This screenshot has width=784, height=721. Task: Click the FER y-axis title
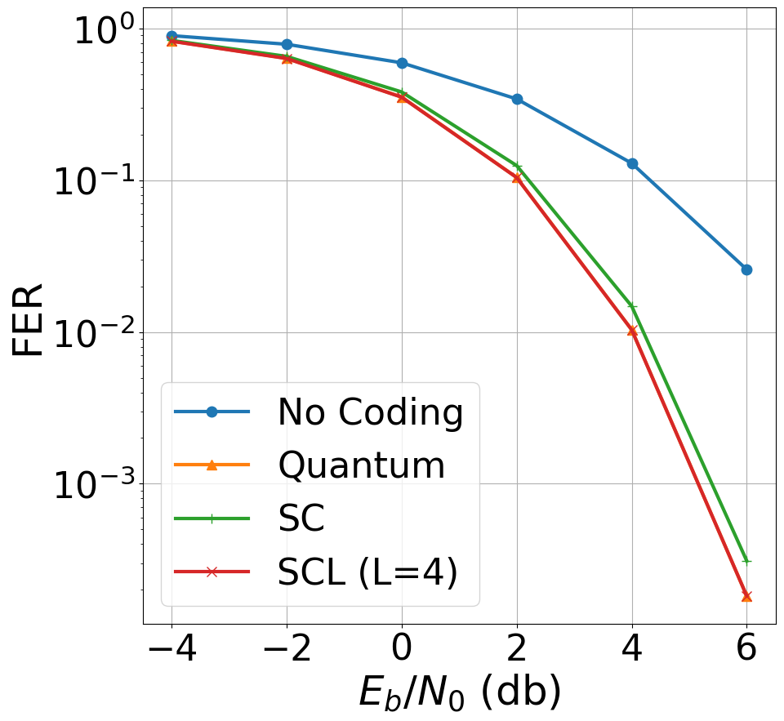click(x=29, y=319)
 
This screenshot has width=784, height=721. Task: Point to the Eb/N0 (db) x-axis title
click(x=459, y=692)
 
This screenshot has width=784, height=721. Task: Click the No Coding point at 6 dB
click(x=746, y=269)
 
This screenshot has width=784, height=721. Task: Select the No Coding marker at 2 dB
click(x=517, y=99)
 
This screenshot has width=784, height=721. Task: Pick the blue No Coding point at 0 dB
click(x=402, y=63)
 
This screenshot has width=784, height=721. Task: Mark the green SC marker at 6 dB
click(x=746, y=561)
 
